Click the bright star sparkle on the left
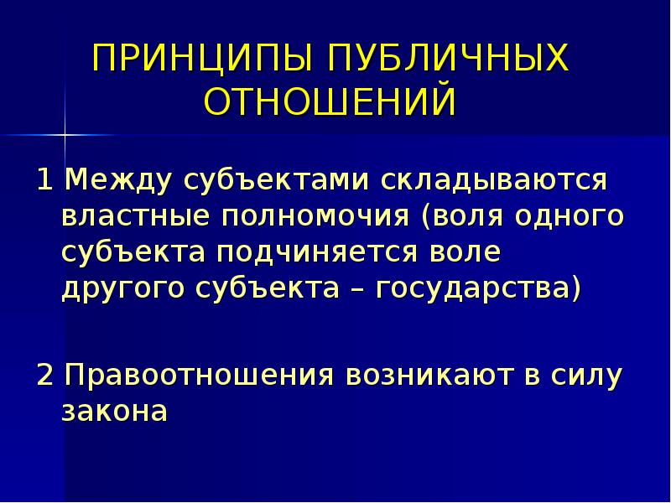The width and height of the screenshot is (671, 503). tap(65, 132)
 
